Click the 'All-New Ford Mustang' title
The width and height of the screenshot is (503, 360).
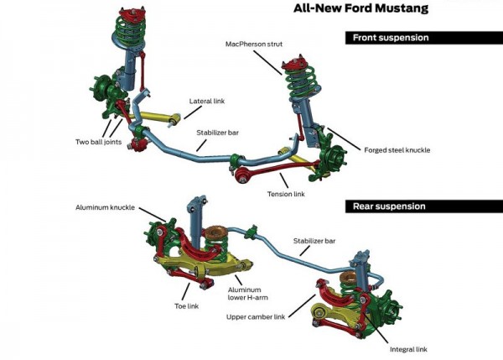coord(360,9)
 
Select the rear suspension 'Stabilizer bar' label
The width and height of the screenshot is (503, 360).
coord(314,241)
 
